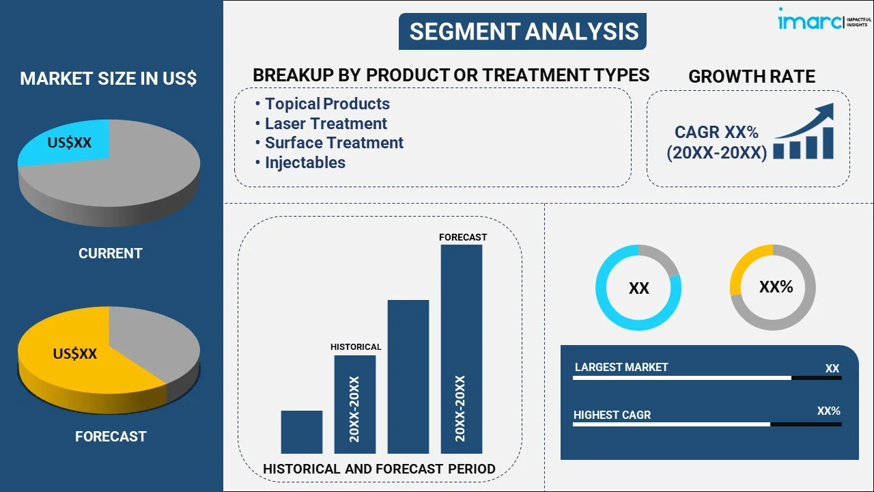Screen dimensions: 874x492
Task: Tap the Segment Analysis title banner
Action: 522,31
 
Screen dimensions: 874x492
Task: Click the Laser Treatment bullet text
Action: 326,124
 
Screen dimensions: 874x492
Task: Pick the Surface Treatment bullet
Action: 334,143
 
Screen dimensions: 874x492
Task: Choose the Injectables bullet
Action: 305,163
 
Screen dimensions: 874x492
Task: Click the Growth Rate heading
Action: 752,77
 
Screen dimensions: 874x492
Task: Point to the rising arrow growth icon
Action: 804,131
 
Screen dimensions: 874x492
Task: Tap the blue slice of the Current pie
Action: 68,143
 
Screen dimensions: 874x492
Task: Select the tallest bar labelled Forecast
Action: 462,349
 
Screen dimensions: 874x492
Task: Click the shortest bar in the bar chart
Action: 302,432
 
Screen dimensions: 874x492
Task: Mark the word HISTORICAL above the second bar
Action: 356,346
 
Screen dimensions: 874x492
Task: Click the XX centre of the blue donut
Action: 638,288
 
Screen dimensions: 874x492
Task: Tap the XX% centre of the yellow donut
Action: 776,286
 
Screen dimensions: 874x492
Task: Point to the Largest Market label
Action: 621,367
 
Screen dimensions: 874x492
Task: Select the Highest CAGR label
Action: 612,415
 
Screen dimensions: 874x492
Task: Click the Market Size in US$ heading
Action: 109,78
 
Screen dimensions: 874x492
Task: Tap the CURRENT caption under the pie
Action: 111,253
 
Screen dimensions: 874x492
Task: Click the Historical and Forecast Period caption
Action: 379,469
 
